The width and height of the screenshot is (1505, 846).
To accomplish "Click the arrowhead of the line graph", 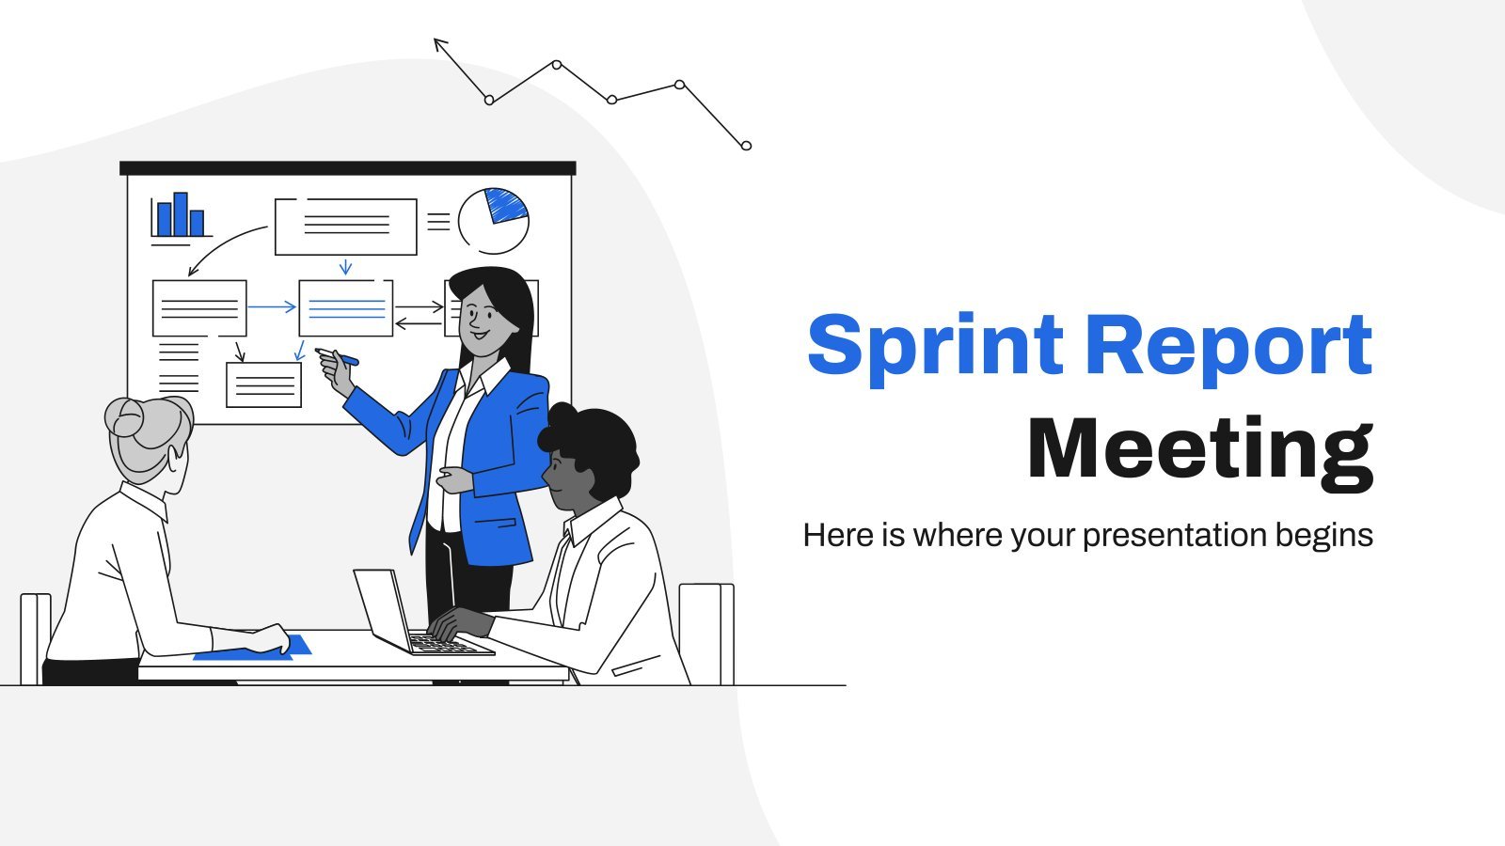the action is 440,45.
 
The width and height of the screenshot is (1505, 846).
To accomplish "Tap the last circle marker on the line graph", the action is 746,146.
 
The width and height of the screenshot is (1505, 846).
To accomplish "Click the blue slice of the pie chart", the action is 507,205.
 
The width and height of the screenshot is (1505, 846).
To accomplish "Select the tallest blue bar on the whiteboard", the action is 180,214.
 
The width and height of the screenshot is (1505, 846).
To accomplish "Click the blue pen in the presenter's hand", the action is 338,356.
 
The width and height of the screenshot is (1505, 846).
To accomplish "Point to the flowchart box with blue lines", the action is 345,308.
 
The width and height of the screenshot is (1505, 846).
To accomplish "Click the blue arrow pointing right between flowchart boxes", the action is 272,306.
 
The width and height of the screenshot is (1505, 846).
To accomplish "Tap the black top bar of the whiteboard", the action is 347,168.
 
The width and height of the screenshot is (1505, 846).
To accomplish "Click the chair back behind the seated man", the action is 706,634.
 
